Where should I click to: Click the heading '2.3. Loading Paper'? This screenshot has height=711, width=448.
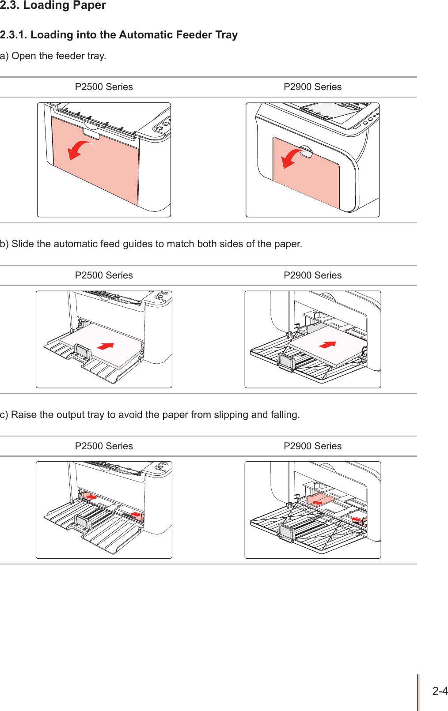[x=53, y=6]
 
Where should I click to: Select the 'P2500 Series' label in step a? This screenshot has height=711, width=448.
[x=104, y=87]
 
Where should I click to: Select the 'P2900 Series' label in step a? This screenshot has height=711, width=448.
[x=312, y=87]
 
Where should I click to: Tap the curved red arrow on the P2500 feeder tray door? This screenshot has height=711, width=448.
[x=80, y=150]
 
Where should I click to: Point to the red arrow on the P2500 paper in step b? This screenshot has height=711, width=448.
[x=106, y=346]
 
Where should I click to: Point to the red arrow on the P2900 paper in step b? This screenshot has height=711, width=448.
[x=327, y=345]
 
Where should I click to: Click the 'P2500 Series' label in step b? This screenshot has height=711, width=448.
[x=104, y=275]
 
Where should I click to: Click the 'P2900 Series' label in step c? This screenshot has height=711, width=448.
[x=312, y=446]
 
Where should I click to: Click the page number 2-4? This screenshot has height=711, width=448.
[x=440, y=691]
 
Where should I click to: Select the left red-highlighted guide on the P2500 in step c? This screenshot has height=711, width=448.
[x=90, y=497]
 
